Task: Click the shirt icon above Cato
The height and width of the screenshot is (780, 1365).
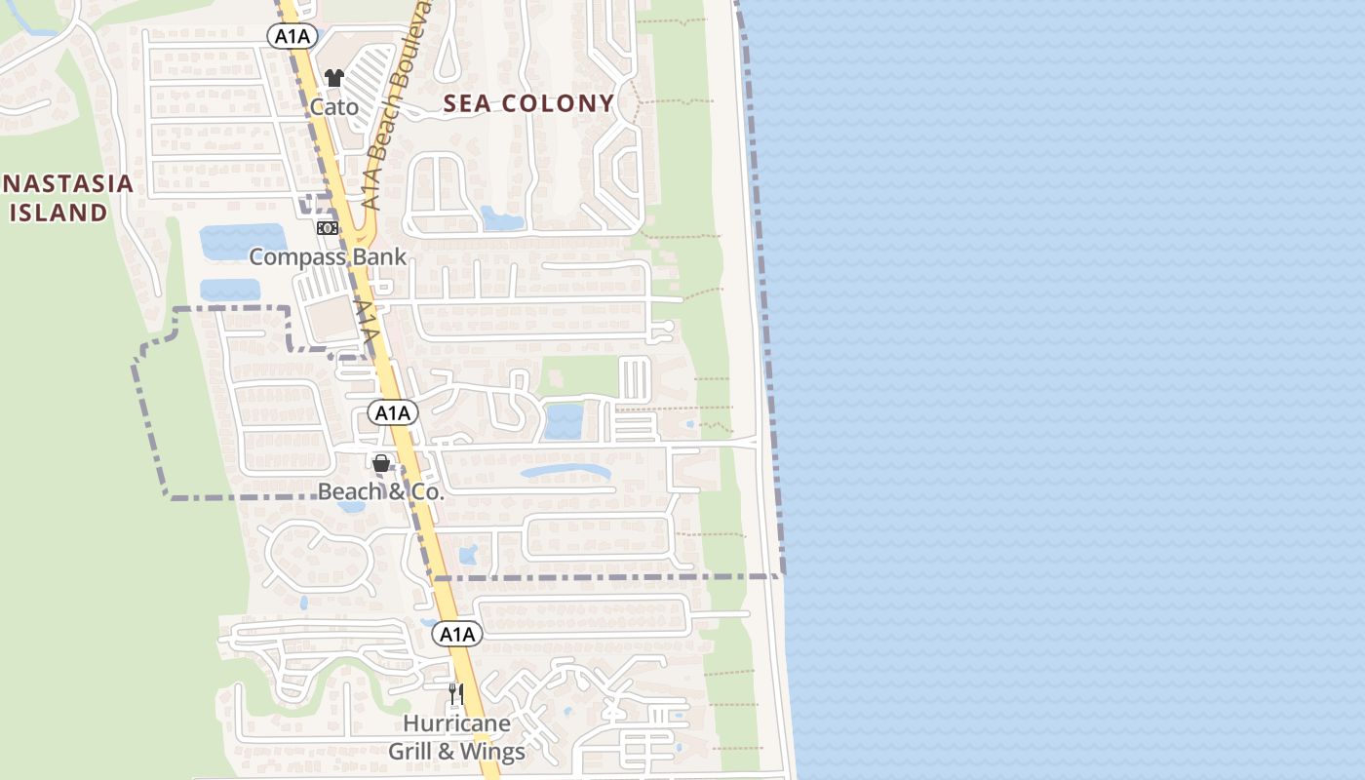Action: [x=334, y=78]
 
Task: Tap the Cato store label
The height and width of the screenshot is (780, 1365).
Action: [x=334, y=105]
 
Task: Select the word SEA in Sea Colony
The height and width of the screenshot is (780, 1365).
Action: [x=470, y=103]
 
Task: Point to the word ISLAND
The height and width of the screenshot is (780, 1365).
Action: [x=58, y=212]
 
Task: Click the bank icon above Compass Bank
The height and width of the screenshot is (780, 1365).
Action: [x=328, y=227]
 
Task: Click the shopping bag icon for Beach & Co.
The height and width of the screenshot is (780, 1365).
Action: [x=381, y=463]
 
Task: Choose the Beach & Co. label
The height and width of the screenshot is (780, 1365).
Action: [x=381, y=492]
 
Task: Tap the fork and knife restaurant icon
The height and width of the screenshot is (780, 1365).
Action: [x=455, y=693]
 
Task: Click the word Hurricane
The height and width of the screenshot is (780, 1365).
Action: [x=456, y=723]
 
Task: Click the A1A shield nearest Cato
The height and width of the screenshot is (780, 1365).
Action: [x=292, y=36]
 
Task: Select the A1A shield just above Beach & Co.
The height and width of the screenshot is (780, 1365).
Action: [x=393, y=413]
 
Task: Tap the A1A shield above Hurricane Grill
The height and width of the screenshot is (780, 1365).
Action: [x=456, y=635]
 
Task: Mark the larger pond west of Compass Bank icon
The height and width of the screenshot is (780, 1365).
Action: [x=243, y=240]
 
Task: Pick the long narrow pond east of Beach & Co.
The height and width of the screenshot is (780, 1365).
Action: [x=566, y=473]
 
